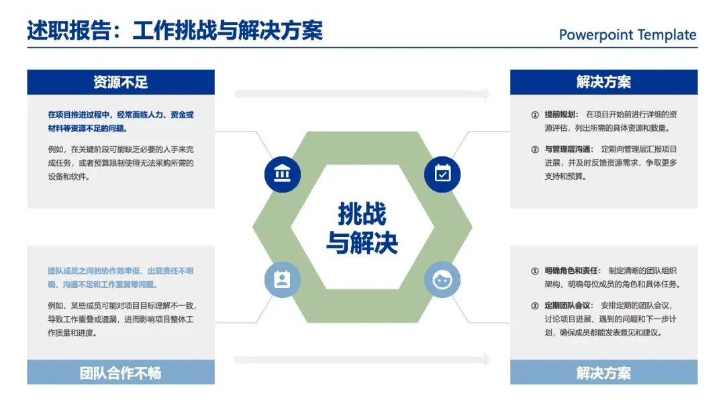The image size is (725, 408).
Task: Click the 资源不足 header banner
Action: [x=121, y=82]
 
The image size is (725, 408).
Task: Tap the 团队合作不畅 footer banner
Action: [x=121, y=372]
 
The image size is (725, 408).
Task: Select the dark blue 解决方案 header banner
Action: [x=603, y=82]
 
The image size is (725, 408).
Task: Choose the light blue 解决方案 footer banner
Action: [x=603, y=372]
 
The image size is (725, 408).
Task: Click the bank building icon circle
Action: [x=283, y=174]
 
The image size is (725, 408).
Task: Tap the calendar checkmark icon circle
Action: [x=442, y=174]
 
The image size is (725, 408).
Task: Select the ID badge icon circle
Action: [x=283, y=279]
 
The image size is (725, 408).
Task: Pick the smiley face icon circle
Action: [x=442, y=279]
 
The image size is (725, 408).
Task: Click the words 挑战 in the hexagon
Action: [x=362, y=214]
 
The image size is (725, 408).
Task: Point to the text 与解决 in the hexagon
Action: [x=362, y=242]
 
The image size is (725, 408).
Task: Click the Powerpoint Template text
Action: [x=628, y=35]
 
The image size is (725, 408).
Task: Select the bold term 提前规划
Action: [x=561, y=115]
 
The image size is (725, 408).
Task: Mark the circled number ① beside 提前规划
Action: [x=535, y=115]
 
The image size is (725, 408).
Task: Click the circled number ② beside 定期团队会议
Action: [x=535, y=306]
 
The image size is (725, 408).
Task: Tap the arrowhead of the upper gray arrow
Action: [x=486, y=94]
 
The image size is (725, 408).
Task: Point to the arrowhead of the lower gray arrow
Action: [x=486, y=360]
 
